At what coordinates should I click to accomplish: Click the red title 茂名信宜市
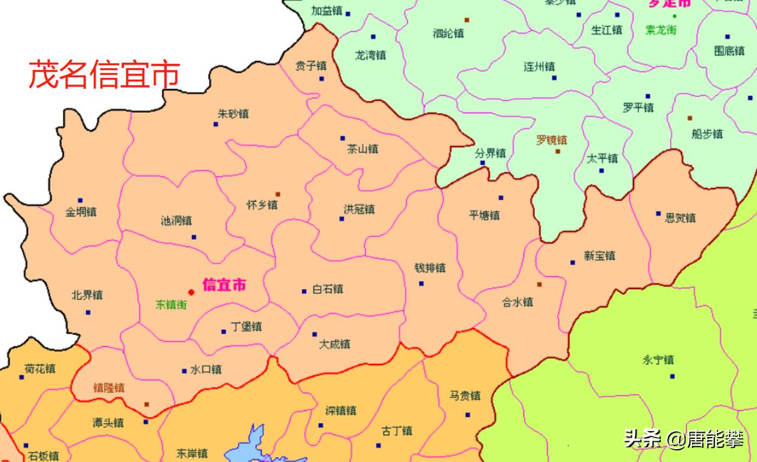pyautogui.click(x=105, y=74)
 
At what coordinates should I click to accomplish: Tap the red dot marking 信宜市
pyautogui.click(x=191, y=292)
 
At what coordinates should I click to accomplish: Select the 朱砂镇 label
pyautogui.click(x=233, y=114)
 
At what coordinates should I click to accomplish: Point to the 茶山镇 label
pyautogui.click(x=363, y=149)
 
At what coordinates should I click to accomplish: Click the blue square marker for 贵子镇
pyautogui.click(x=321, y=79)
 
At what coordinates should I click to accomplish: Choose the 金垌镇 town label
pyautogui.click(x=81, y=212)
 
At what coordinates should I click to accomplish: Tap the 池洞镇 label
pyautogui.click(x=176, y=221)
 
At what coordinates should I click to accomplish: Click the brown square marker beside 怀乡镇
pyautogui.click(x=278, y=194)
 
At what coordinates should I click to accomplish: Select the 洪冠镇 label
pyautogui.click(x=359, y=209)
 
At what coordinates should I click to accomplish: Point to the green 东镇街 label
pyautogui.click(x=171, y=305)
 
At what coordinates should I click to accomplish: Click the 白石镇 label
pyautogui.click(x=327, y=289)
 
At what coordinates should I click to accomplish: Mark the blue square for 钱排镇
pyautogui.click(x=421, y=284)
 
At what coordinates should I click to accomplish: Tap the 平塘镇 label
pyautogui.click(x=484, y=215)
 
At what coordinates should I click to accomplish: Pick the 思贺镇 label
pyautogui.click(x=680, y=217)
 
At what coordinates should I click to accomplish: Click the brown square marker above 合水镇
pyautogui.click(x=539, y=284)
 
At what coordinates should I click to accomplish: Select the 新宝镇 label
pyautogui.click(x=599, y=256)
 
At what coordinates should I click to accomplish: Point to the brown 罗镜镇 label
pyautogui.click(x=551, y=140)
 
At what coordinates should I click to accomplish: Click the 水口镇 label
pyautogui.click(x=206, y=369)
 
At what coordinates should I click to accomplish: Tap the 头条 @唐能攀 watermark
pyautogui.click(x=683, y=439)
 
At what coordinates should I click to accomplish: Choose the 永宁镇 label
pyautogui.click(x=658, y=360)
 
